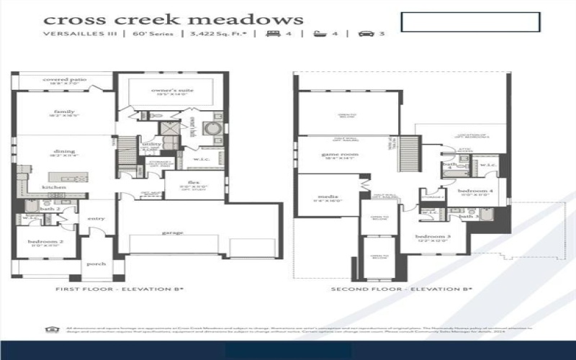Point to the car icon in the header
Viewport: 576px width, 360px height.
(x=365, y=34)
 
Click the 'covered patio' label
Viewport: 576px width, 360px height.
(x=60, y=79)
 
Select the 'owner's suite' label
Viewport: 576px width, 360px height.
(x=171, y=89)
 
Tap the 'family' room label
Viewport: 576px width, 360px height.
(x=64, y=112)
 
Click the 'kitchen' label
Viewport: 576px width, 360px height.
(x=54, y=187)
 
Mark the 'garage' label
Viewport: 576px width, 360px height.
(x=172, y=233)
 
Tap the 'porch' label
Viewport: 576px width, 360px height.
(x=96, y=264)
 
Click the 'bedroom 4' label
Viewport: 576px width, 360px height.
(x=476, y=190)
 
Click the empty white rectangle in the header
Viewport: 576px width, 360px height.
(x=470, y=22)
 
